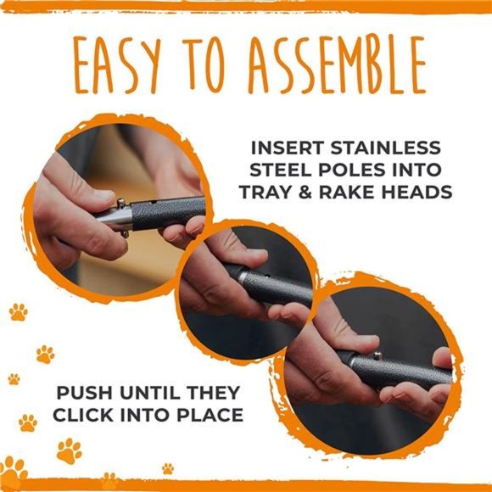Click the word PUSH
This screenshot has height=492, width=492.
[83, 393]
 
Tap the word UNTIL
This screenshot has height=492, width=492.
[148, 393]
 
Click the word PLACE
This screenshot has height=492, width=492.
[209, 416]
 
